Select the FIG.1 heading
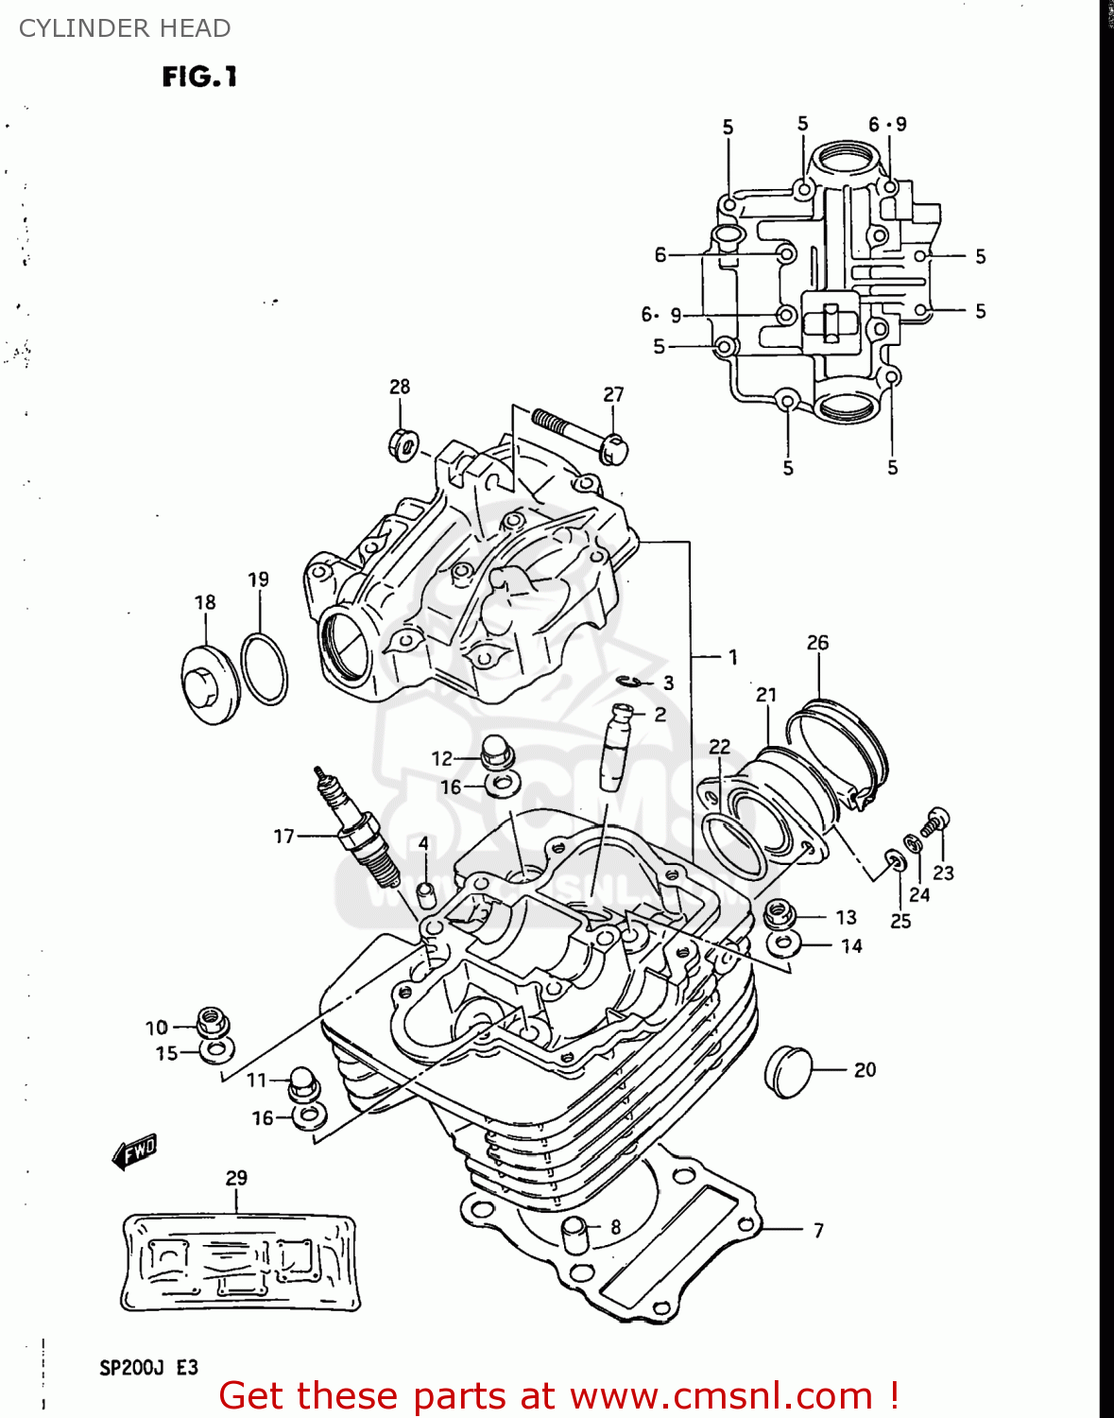(199, 77)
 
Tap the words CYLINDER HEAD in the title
(125, 28)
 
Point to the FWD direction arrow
(133, 1151)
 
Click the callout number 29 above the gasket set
(236, 1178)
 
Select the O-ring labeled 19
(265, 669)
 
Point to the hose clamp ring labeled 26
(837, 752)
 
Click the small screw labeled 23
(935, 821)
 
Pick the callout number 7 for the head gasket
(818, 1230)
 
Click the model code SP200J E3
(148, 1368)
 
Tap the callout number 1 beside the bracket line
(733, 657)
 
